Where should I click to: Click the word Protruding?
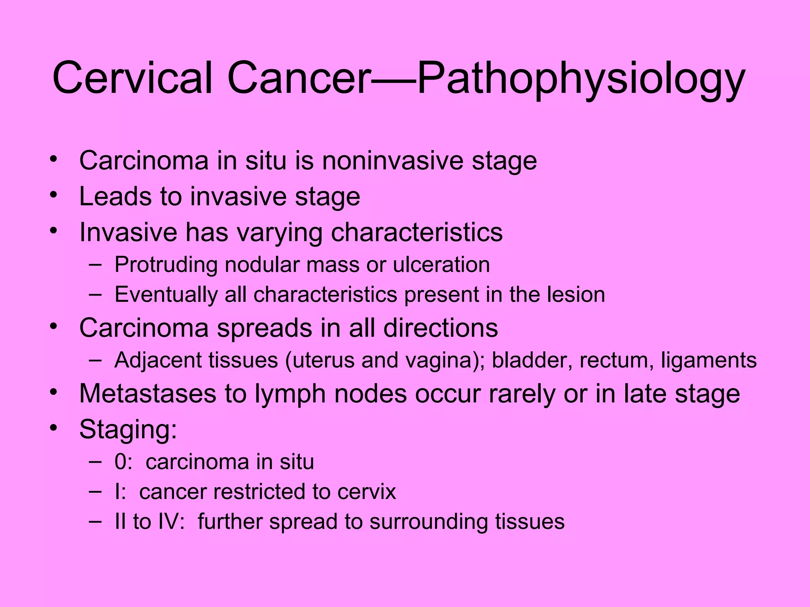coord(166,265)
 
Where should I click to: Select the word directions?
coord(441,328)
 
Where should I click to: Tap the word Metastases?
coord(148,394)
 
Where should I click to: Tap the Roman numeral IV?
coord(171,522)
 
